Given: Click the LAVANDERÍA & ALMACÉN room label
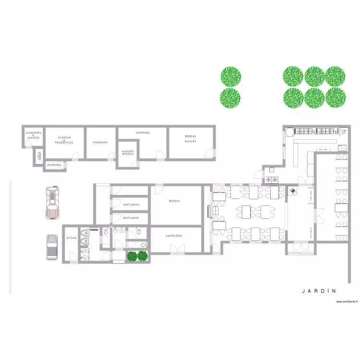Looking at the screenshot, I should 33,134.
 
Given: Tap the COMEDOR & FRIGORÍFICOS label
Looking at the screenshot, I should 64,140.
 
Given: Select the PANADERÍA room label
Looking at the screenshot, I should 100,143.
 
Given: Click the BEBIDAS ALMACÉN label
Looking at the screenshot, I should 190,139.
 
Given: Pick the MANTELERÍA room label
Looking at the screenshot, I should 173,236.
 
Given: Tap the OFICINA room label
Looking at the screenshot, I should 72,238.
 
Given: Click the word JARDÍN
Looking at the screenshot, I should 319,291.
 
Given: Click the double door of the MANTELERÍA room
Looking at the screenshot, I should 177,249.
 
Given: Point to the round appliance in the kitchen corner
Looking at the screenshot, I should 290,131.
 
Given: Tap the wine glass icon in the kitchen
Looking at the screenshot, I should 343,131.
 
